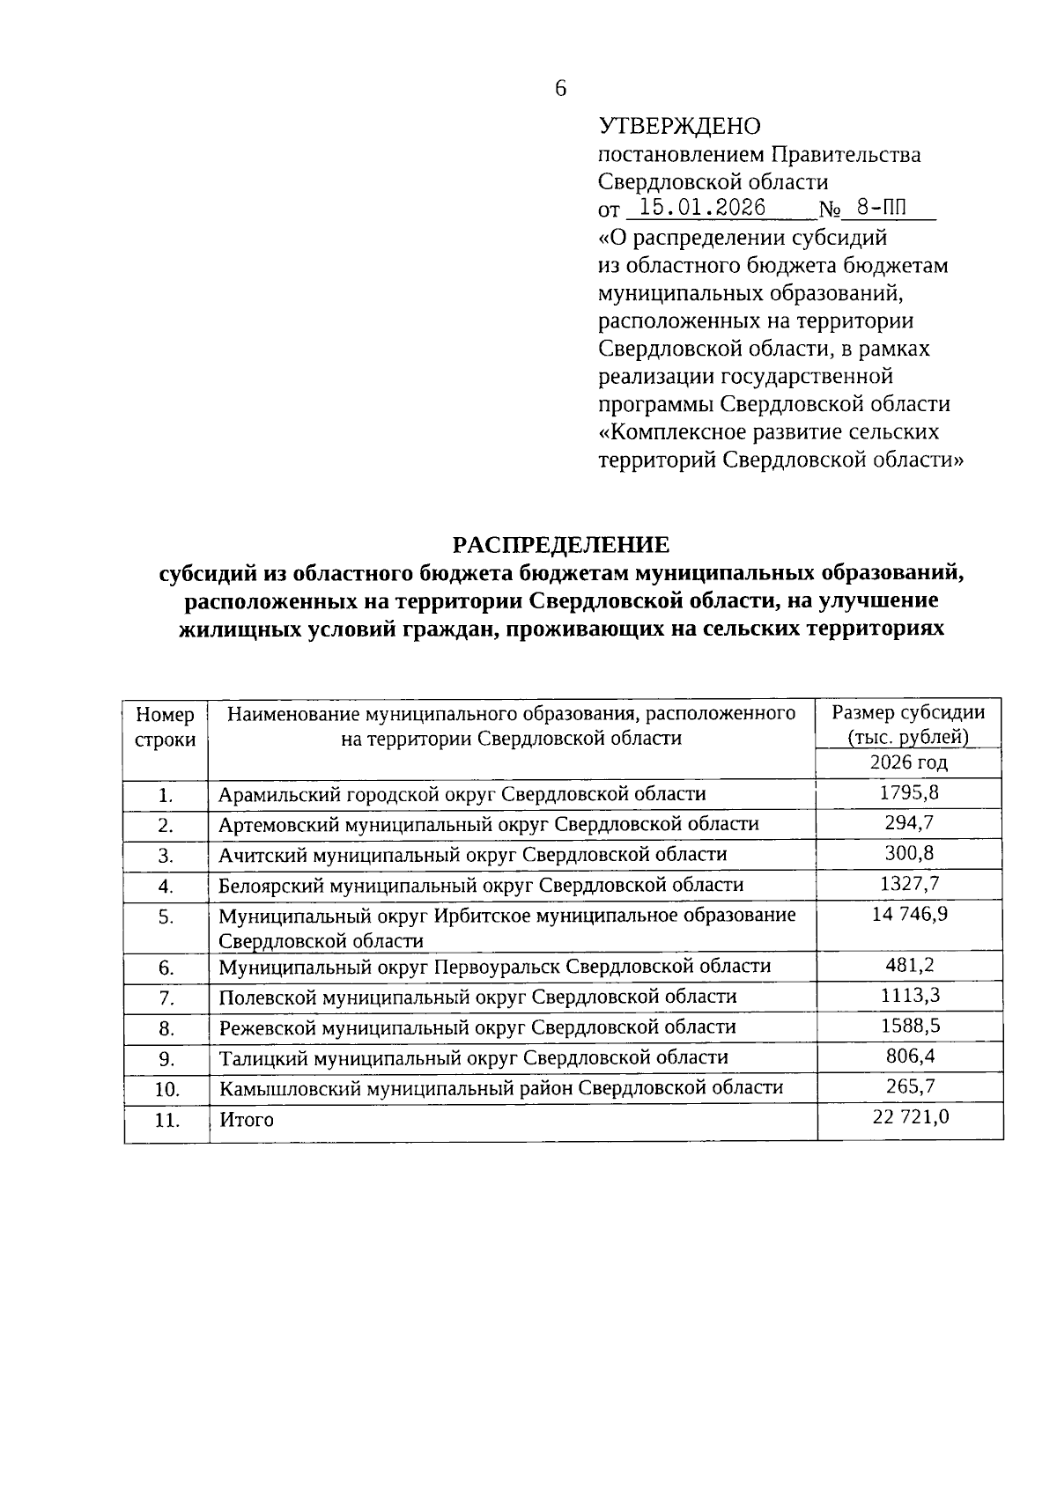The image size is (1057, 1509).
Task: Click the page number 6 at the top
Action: pos(561,88)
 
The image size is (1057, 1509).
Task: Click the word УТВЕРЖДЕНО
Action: pos(678,127)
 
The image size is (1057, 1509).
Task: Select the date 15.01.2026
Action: pos(702,208)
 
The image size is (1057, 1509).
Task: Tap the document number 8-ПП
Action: pos(882,208)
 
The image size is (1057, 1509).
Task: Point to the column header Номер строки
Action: pos(166,726)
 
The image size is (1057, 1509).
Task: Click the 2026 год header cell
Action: pos(908,762)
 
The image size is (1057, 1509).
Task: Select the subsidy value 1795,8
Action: pos(909,792)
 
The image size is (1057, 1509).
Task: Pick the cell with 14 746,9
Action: pos(909,914)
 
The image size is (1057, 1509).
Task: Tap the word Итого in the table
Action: pos(247,1120)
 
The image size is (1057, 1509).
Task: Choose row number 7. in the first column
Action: pos(166,998)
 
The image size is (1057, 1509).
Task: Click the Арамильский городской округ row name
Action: pos(462,794)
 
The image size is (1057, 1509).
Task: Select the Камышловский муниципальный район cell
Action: pos(501,1088)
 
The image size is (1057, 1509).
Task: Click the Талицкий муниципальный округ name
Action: pos(474,1057)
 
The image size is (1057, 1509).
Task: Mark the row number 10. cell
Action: pos(166,1090)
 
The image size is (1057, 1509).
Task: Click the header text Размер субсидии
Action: pos(908,713)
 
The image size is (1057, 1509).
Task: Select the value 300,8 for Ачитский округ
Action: pos(909,853)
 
